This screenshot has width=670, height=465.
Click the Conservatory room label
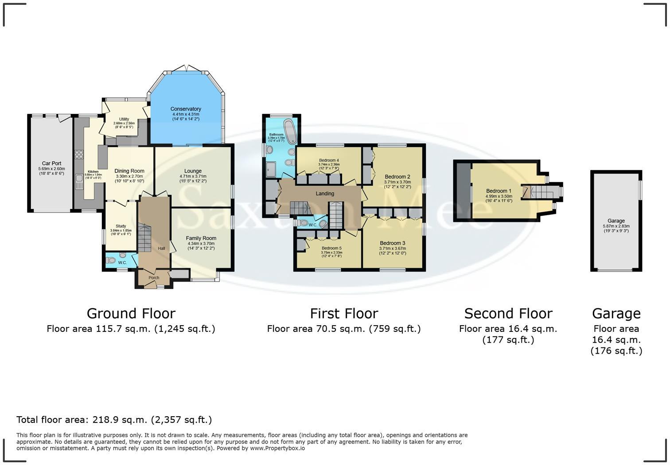(x=186, y=109)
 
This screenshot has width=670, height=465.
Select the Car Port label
(x=51, y=164)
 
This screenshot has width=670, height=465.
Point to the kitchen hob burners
(x=79, y=154)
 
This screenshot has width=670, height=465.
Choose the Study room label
(x=121, y=226)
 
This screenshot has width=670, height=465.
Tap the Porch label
(x=154, y=278)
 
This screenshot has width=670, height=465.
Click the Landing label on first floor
(x=325, y=193)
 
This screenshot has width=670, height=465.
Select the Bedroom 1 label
(x=499, y=191)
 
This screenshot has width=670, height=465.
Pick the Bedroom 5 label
(x=331, y=248)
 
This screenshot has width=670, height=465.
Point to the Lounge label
(x=193, y=171)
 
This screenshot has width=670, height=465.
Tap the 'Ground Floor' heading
(x=131, y=314)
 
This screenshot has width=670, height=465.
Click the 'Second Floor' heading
(x=508, y=314)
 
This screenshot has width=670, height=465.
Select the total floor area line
(x=114, y=420)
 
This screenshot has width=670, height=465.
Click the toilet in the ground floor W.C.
(x=111, y=260)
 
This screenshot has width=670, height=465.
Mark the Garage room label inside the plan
(x=616, y=221)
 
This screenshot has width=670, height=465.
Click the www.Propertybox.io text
(x=277, y=448)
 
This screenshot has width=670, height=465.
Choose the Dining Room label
(x=129, y=171)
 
